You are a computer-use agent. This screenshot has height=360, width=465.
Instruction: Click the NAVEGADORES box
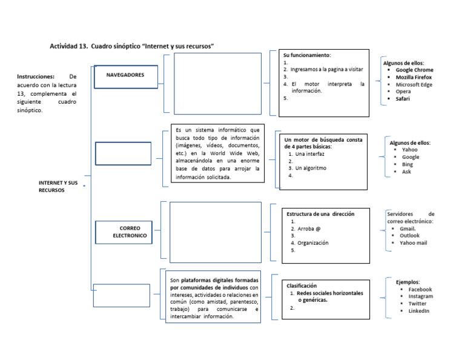[125, 75]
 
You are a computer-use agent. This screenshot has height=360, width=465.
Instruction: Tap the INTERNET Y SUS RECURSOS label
[58, 186]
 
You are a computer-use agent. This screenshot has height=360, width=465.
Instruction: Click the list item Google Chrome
[414, 70]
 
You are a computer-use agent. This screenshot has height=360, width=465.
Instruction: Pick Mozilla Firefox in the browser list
[414, 78]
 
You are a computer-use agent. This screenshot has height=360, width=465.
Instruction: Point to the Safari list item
[403, 99]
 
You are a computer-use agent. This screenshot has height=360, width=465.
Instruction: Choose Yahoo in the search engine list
[409, 150]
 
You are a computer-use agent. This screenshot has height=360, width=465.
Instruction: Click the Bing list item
[407, 164]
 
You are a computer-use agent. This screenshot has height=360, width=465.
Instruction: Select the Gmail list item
[407, 228]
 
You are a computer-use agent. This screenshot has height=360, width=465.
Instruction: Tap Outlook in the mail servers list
[409, 236]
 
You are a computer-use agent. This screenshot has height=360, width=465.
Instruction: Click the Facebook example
[420, 290]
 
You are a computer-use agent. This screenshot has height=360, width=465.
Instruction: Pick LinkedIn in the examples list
[418, 311]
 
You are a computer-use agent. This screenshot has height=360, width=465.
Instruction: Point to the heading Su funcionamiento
[307, 55]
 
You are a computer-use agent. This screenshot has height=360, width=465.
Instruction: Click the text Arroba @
[309, 228]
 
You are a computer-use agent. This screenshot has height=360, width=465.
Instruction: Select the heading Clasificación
[302, 285]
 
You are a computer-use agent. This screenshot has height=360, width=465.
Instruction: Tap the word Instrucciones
[36, 77]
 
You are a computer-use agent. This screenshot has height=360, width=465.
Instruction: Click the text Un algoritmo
[311, 168]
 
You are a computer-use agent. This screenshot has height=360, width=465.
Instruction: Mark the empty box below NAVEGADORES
[123, 153]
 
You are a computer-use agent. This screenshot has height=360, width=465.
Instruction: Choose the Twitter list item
[417, 304]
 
